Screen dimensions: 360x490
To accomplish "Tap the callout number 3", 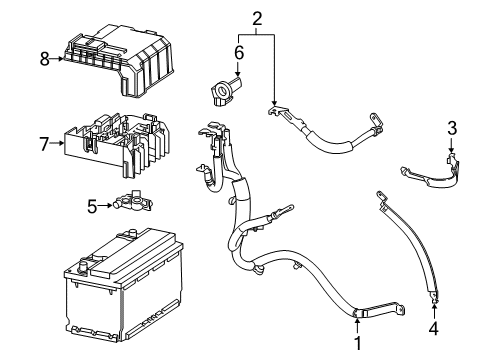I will click(x=451, y=127).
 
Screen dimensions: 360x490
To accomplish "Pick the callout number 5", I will click(x=91, y=207).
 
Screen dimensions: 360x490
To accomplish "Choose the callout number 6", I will click(x=239, y=52).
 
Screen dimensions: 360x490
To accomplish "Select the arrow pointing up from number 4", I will click(x=433, y=307).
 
